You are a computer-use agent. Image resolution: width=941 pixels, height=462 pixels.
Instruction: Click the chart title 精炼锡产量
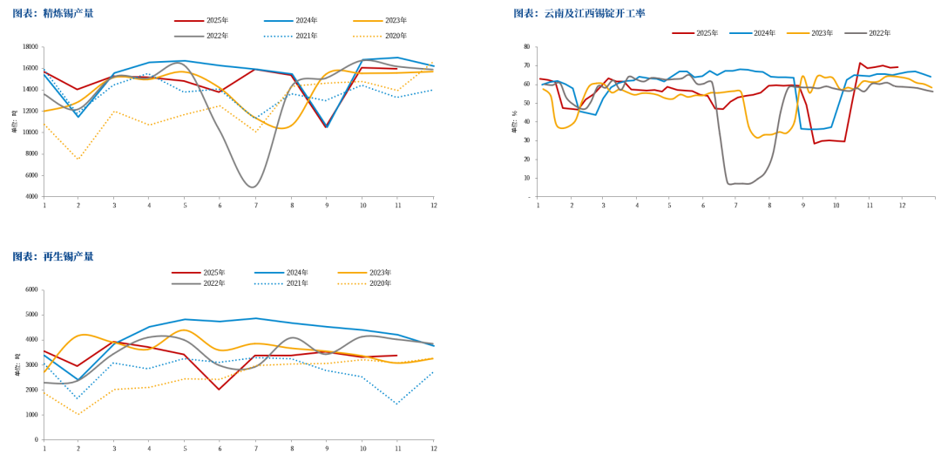coord(68,13)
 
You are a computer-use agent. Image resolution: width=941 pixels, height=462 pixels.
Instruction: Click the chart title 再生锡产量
coord(68,256)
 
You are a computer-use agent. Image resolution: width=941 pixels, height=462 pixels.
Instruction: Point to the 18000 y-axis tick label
coord(30,47)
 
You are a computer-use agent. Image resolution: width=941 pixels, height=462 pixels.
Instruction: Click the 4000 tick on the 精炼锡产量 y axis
coord(32,197)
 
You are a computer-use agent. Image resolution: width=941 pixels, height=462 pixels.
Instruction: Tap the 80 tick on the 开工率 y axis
coord(525,47)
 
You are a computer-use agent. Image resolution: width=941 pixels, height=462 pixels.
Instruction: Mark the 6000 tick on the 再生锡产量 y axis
coord(32,289)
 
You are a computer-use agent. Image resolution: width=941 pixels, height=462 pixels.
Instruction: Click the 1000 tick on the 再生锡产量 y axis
coord(32,415)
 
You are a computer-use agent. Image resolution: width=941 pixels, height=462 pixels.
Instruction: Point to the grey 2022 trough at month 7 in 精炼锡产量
coord(253,187)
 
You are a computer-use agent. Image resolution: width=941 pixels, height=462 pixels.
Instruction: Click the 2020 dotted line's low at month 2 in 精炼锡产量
coord(78,160)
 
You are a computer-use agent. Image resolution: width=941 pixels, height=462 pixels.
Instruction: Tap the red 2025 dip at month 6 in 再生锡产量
coord(219,389)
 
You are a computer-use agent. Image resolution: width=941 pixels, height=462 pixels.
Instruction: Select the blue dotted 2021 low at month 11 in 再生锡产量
coord(396,404)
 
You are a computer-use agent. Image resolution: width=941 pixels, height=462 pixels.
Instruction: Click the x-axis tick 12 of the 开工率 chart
coord(902,205)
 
